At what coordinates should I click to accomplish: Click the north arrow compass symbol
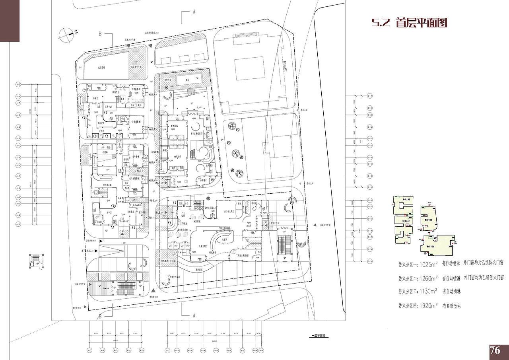(66, 35)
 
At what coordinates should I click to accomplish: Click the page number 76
(495, 350)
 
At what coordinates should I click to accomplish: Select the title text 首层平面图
(422, 23)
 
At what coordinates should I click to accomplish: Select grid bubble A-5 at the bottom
(141, 350)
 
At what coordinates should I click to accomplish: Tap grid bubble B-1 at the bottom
(167, 350)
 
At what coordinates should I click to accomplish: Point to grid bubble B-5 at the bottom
(216, 350)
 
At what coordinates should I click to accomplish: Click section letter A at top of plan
(194, 12)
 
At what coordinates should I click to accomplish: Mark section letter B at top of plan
(100, 34)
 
